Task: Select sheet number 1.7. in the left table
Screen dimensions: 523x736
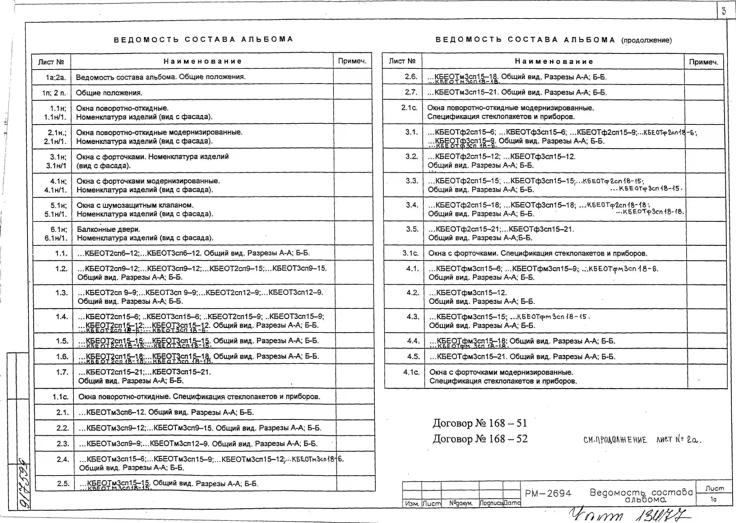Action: click(x=62, y=372)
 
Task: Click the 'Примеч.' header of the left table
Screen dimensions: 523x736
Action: click(x=352, y=61)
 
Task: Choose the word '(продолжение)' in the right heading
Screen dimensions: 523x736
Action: click(x=647, y=40)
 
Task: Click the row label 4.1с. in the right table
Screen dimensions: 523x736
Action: click(x=411, y=372)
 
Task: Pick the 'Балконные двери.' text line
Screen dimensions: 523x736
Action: click(x=108, y=229)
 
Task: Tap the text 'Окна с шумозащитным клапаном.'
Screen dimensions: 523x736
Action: click(x=135, y=205)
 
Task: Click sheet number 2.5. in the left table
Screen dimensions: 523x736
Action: click(x=63, y=483)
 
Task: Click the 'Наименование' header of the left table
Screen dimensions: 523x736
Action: click(x=202, y=61)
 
